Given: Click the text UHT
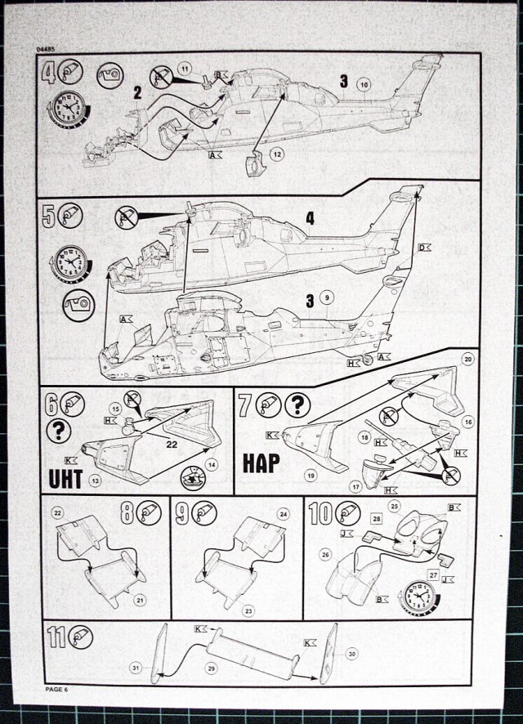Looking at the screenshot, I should tap(65, 478).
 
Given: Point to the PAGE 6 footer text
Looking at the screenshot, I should tap(60, 691).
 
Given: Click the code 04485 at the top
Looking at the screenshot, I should tap(47, 51).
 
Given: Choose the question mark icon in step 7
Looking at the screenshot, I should tap(299, 404).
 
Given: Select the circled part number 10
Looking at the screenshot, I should tap(364, 84).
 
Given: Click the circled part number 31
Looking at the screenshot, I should tap(135, 668).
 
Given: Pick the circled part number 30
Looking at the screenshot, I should tap(352, 654).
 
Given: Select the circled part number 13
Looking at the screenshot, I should tap(96, 481).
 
